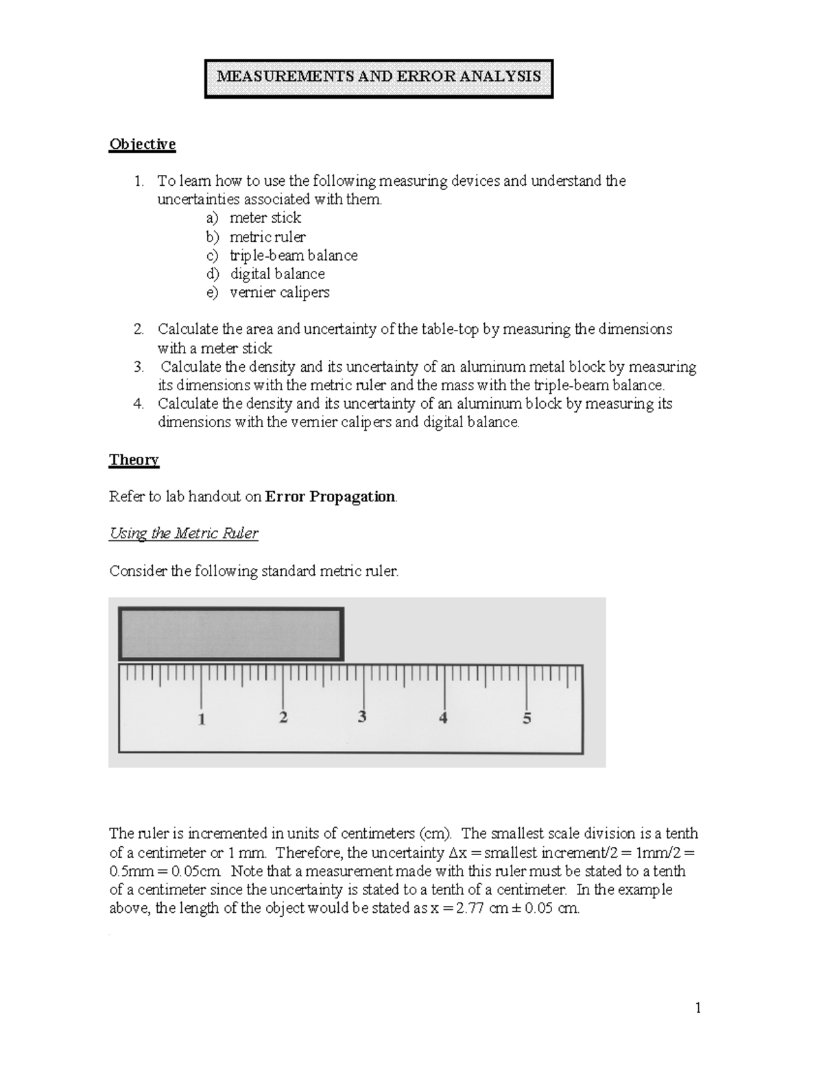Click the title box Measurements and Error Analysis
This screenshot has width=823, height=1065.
[x=379, y=77]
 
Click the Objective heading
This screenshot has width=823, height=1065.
[x=142, y=144]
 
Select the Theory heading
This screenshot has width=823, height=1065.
[x=134, y=459]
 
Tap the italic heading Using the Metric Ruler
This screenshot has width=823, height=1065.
[x=183, y=534]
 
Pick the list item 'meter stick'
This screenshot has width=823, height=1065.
[x=265, y=218]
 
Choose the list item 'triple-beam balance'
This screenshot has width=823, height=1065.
[x=294, y=255]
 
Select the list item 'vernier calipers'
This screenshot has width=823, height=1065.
[x=279, y=292]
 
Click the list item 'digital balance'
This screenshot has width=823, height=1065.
[x=277, y=274]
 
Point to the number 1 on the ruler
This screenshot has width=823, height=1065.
[x=202, y=719]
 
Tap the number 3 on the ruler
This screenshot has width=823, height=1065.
[x=362, y=717]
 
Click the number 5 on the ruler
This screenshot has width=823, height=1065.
[x=527, y=719]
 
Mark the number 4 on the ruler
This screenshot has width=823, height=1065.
[x=444, y=718]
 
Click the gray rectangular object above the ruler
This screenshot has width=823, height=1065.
[x=231, y=634]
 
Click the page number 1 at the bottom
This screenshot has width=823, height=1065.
[x=698, y=1007]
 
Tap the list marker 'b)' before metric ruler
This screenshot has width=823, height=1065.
[x=213, y=237]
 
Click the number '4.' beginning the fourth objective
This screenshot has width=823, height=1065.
[x=139, y=403]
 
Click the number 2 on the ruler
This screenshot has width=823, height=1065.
[x=283, y=718]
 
